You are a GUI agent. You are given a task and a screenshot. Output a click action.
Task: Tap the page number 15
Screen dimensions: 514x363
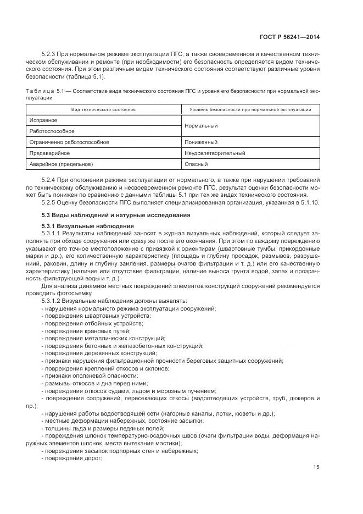tap(316, 467)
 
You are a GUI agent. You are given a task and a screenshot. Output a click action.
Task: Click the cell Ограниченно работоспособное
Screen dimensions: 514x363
tap(69, 142)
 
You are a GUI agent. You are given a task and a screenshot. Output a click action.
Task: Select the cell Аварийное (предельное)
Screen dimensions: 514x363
tap(61, 164)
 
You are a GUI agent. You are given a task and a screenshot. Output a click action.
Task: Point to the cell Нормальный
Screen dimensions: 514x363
tap(202, 126)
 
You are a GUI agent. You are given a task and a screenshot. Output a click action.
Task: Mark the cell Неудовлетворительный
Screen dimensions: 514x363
tap(215, 153)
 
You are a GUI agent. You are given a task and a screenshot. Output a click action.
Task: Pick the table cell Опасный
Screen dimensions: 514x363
tap(196, 164)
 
